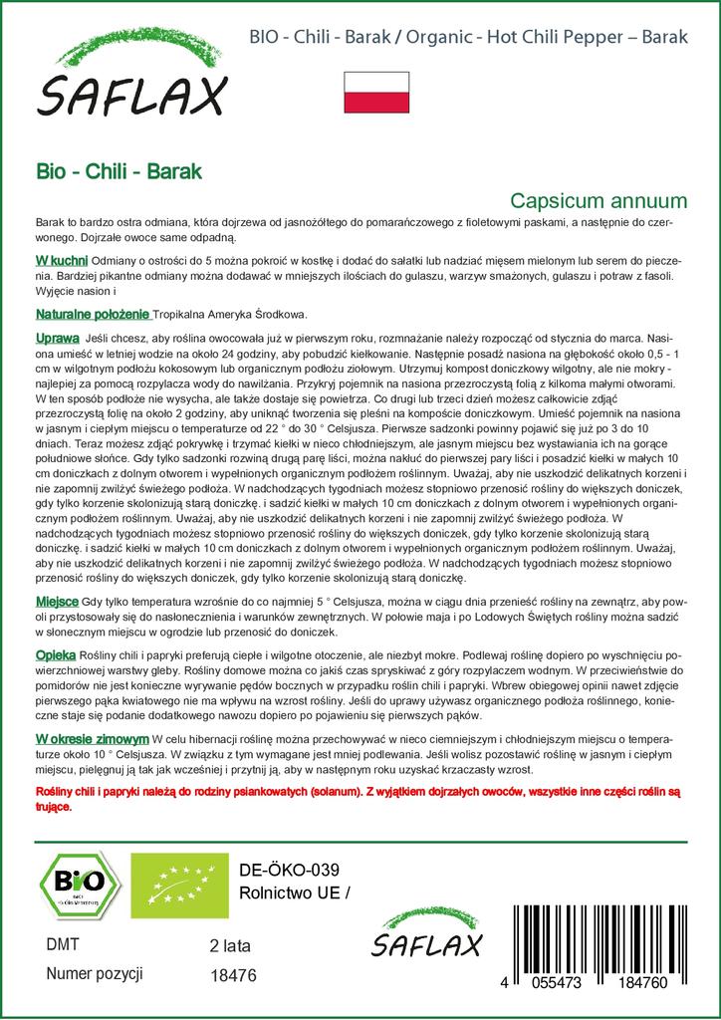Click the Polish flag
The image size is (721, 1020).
tap(376, 92)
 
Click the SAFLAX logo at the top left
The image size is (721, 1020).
tap(132, 79)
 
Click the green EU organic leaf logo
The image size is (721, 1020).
tap(166, 882)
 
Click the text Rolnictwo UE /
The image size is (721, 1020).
tap(296, 892)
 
